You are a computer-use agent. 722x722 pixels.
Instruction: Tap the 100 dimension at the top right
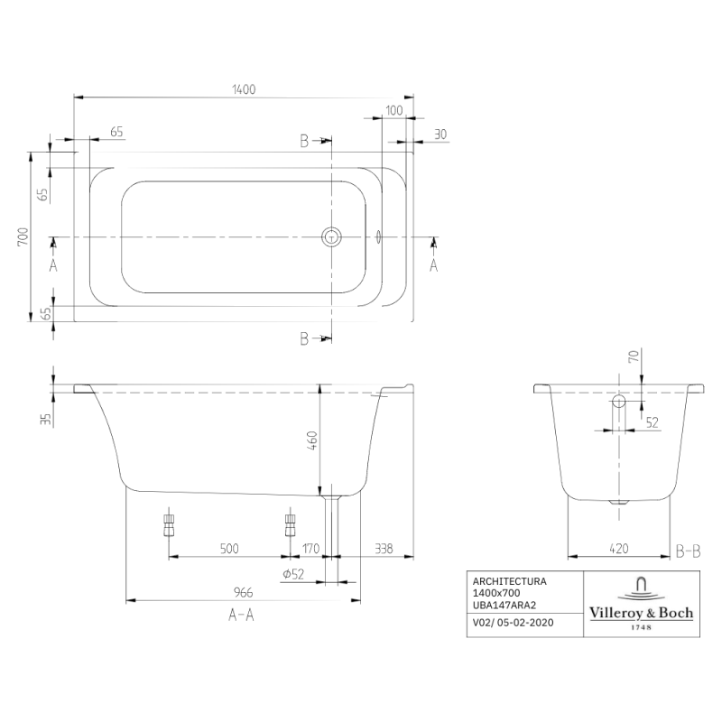coord(393,110)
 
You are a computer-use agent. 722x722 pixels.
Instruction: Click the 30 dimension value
coord(440,134)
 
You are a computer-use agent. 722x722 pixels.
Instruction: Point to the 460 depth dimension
coord(312,441)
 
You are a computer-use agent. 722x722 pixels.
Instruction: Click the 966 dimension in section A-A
coord(243,592)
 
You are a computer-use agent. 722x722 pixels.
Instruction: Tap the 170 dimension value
coord(311,548)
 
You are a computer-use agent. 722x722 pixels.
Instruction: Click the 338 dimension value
coord(384,548)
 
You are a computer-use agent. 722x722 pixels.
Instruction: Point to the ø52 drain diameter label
coord(291,574)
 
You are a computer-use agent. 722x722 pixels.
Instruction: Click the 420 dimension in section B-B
coord(619,548)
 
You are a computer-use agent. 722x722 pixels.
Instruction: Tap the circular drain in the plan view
coord(332,237)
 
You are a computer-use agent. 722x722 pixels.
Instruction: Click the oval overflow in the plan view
coord(377,237)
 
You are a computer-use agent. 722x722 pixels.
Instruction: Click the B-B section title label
coord(689,549)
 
